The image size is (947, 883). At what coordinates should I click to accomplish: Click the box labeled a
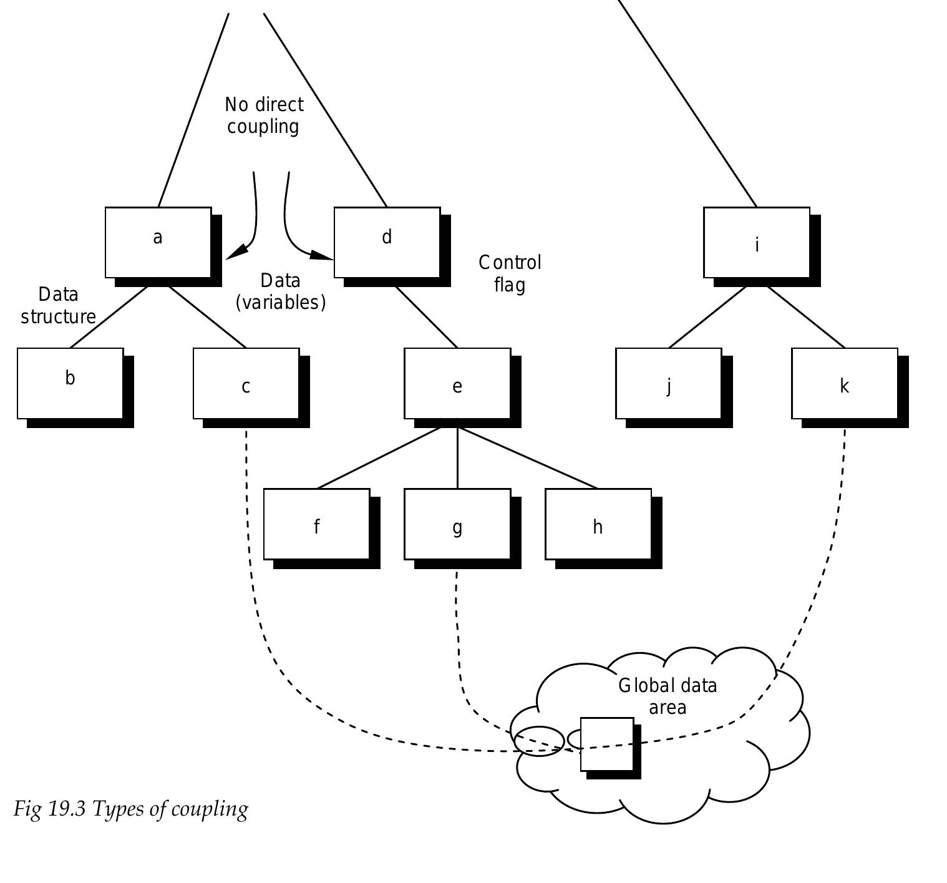158,242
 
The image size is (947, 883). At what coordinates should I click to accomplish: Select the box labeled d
387,242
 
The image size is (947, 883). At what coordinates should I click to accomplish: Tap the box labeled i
757,242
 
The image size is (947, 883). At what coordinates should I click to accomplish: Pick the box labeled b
70,383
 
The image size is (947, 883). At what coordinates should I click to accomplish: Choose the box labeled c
246,383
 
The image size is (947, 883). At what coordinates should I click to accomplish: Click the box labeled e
457,383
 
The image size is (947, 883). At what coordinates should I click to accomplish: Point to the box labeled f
317,524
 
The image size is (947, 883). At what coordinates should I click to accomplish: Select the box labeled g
457,524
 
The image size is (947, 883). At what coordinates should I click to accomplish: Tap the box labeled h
598,524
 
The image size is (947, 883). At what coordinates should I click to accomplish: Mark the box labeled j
669,383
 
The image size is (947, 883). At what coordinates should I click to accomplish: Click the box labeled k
845,383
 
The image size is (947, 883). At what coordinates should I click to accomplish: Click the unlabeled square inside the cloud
607,744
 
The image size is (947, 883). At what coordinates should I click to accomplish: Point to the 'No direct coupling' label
264,115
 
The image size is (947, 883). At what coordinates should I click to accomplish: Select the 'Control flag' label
510,273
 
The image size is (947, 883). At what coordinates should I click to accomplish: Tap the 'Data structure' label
58,306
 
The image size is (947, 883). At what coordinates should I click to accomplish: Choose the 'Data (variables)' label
281,291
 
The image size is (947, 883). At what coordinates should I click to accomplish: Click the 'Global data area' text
668,696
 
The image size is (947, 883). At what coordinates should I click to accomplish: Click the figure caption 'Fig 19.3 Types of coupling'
131,809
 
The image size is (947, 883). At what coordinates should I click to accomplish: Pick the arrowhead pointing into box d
322,255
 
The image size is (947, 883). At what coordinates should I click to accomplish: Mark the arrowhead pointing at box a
236,252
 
